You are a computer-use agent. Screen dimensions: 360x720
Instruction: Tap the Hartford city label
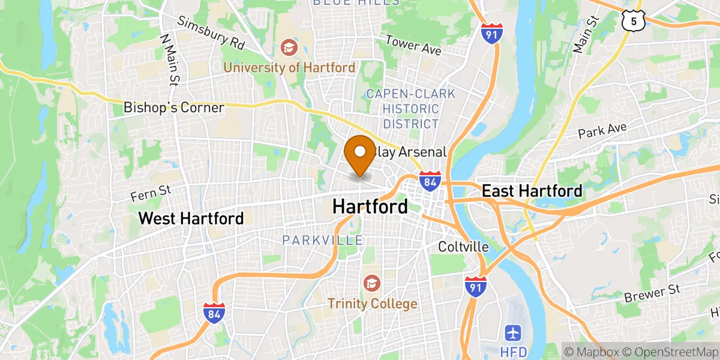click(x=370, y=207)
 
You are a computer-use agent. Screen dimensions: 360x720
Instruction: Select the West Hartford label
click(x=191, y=218)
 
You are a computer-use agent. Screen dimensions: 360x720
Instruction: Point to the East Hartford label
click(x=532, y=191)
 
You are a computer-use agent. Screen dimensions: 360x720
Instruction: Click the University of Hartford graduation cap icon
click(x=289, y=47)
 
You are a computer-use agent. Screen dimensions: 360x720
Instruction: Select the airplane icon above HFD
click(x=513, y=332)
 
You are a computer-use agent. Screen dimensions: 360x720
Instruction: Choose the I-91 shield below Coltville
click(x=475, y=286)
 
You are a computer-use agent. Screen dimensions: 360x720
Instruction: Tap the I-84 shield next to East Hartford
click(x=430, y=181)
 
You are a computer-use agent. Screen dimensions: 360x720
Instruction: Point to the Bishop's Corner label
click(x=173, y=108)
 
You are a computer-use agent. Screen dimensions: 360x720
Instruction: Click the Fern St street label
click(x=151, y=193)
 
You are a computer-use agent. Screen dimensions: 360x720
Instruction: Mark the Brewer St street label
click(x=652, y=294)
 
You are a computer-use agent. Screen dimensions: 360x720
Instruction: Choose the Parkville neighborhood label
click(x=323, y=241)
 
